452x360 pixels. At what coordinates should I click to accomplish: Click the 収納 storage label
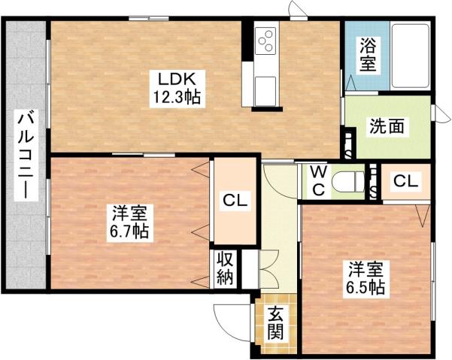point(225,267)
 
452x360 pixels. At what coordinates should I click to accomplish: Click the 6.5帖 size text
point(366,288)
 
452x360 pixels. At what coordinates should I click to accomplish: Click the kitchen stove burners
point(266,39)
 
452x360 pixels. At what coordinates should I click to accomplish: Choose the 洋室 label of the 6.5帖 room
point(366,268)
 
